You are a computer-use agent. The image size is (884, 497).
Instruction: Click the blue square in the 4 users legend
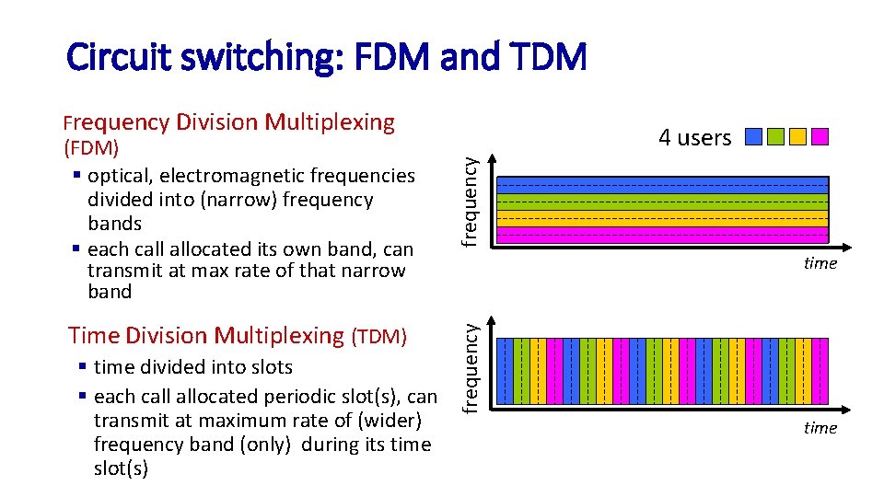tap(753, 137)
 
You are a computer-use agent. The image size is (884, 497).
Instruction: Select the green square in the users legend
tap(775, 137)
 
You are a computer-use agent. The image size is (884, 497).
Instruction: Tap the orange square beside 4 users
tap(797, 137)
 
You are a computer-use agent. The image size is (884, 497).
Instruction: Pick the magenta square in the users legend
tap(820, 137)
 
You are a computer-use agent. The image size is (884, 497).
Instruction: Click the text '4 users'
tap(694, 138)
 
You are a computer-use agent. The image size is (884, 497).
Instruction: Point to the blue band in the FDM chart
tap(662, 182)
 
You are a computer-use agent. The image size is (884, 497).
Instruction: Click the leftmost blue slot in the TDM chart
tap(505, 371)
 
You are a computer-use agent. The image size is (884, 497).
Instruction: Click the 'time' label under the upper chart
tap(820, 263)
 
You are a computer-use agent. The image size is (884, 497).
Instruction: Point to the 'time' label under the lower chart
tap(820, 428)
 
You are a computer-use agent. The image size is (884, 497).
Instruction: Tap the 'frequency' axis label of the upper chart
tap(470, 201)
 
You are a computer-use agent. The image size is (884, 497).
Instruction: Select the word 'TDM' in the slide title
tap(548, 58)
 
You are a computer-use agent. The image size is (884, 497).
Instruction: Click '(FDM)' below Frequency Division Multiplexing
tap(92, 148)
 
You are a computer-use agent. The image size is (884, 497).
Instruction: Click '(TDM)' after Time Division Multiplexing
tap(379, 337)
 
